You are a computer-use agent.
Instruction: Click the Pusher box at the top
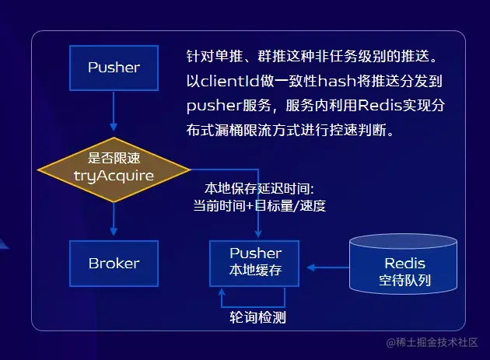point(114,67)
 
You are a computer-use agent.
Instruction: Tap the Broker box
point(114,263)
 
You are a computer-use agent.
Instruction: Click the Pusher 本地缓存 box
point(255,262)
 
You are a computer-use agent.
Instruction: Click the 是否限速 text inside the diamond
point(114,158)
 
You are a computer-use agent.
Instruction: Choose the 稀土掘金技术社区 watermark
point(432,343)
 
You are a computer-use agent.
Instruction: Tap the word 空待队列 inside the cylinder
point(404,280)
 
